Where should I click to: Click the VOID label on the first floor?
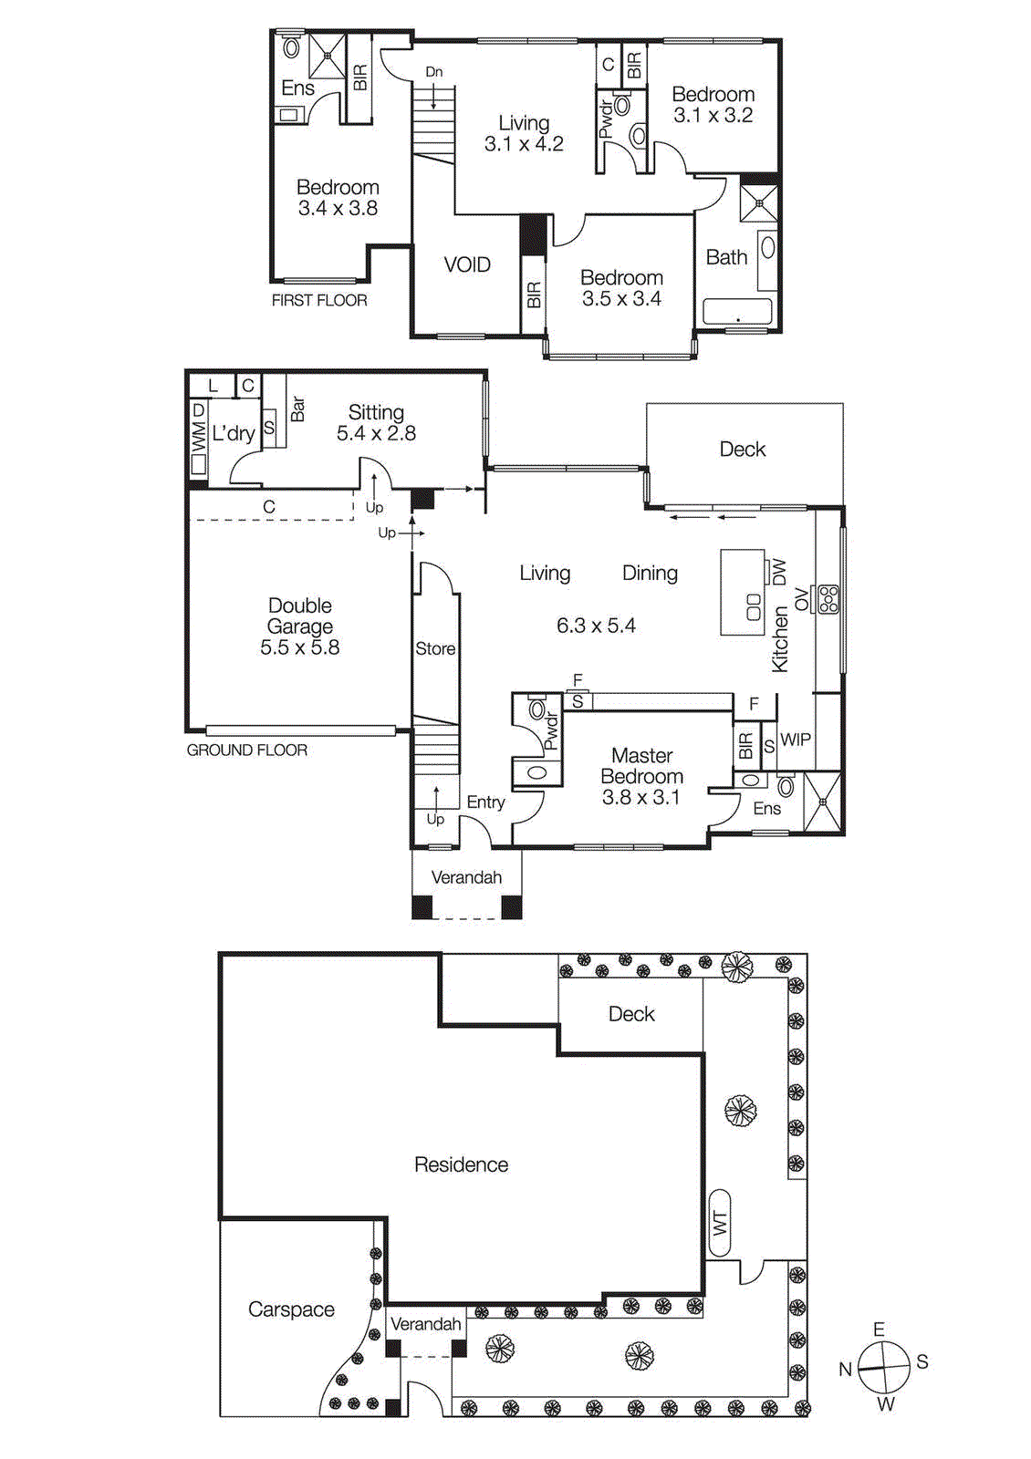click(x=467, y=265)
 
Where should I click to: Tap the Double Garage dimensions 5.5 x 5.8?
click(x=299, y=648)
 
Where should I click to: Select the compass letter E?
click(x=879, y=1330)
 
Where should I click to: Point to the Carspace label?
click(x=291, y=1309)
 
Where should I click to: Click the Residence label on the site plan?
click(x=461, y=1164)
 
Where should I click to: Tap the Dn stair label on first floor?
click(x=433, y=72)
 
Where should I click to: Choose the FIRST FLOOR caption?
click(x=319, y=300)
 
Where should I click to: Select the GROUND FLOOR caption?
click(x=247, y=750)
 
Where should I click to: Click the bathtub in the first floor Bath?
click(x=737, y=312)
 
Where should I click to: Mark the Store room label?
click(x=435, y=648)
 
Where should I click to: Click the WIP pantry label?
click(x=796, y=740)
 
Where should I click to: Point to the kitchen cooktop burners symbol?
click(x=829, y=599)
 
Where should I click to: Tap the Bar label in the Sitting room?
click(x=297, y=409)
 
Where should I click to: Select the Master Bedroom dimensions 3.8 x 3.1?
click(x=640, y=798)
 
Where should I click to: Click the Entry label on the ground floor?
click(x=485, y=802)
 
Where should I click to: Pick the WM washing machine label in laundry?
click(x=198, y=438)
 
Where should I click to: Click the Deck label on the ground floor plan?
click(x=743, y=449)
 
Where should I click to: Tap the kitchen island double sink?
click(x=754, y=606)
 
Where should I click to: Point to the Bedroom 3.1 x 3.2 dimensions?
click(x=713, y=116)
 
